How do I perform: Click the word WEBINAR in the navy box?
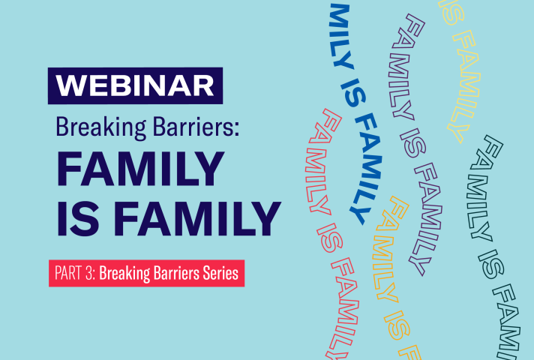[x=135, y=85]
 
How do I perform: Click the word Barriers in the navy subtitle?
[x=193, y=127]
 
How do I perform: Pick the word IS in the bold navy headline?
[x=78, y=219]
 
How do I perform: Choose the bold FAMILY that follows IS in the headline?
[x=196, y=219]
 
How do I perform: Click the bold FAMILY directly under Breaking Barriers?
[x=140, y=169]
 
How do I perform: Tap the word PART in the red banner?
[x=68, y=273]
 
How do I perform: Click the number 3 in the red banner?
[x=90, y=273]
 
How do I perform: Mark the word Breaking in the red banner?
[x=124, y=274]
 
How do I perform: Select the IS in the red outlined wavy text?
[x=330, y=238]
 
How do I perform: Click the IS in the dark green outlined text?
[x=490, y=264]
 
